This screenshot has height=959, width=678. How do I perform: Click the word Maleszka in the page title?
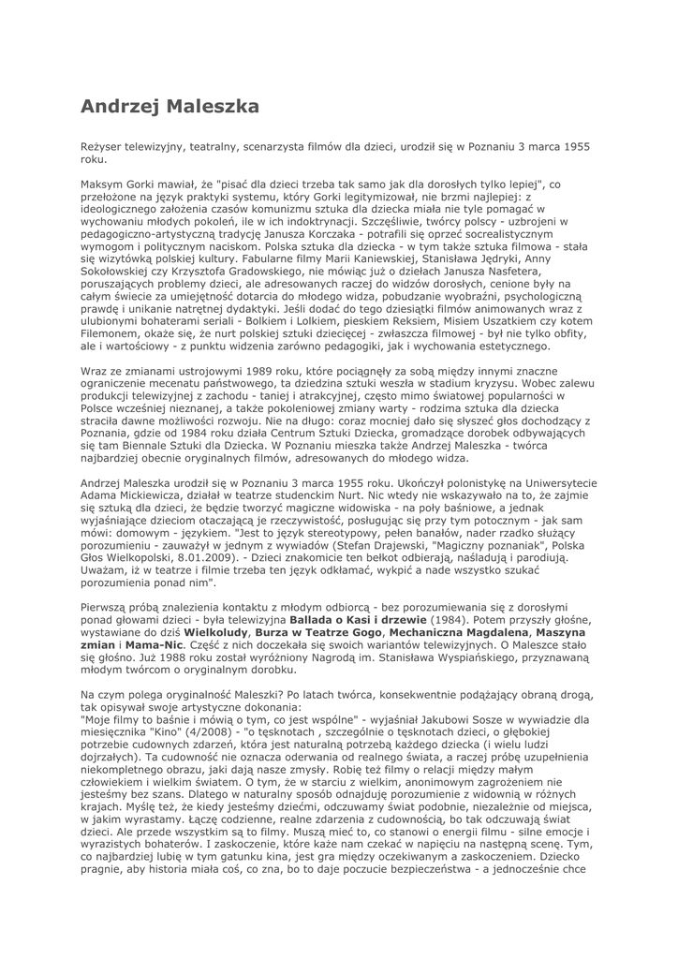click(212, 107)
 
